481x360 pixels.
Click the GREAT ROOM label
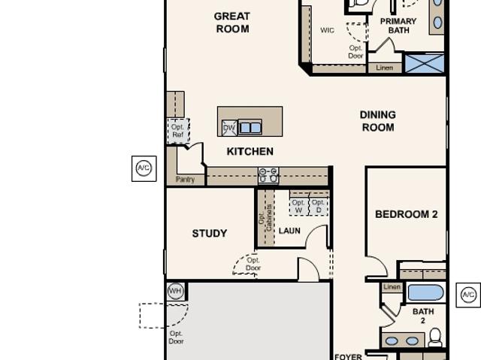click(232, 23)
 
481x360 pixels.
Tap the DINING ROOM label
click(378, 121)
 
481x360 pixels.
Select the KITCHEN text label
click(250, 152)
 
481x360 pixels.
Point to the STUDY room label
click(210, 233)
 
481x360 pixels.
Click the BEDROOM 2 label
click(407, 214)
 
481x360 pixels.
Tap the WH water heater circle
click(175, 291)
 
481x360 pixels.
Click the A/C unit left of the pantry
click(144, 168)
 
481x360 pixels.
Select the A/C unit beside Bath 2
click(468, 295)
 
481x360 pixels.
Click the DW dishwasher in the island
click(229, 128)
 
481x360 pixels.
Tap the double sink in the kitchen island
click(250, 127)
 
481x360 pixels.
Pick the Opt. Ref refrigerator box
click(178, 131)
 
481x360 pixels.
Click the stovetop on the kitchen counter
click(268, 176)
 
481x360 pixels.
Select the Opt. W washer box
click(298, 206)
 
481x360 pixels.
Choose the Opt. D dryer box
click(319, 206)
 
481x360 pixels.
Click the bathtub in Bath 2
click(425, 292)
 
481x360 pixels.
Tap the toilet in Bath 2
click(434, 337)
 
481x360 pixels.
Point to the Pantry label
click(186, 180)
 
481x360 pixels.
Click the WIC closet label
click(328, 30)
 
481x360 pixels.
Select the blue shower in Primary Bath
click(425, 64)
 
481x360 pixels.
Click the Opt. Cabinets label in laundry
click(265, 218)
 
